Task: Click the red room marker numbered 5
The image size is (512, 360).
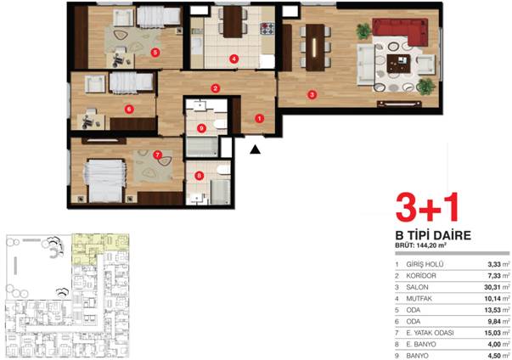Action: (155, 53)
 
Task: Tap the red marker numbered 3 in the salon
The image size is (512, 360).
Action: (312, 94)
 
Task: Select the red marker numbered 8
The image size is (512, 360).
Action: (200, 176)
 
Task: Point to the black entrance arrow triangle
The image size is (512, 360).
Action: (256, 149)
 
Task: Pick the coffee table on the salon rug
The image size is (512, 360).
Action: (398, 64)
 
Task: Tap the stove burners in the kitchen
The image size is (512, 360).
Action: (267, 28)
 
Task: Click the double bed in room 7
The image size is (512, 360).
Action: (104, 180)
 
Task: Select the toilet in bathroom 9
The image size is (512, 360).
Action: (221, 124)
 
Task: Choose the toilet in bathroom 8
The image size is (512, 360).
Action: (223, 170)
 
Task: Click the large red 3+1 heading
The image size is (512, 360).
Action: (427, 208)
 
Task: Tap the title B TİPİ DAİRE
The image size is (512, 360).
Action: (433, 235)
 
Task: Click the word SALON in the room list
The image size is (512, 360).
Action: (417, 287)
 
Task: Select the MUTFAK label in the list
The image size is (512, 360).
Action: (419, 299)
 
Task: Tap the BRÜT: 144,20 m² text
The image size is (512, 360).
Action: (421, 245)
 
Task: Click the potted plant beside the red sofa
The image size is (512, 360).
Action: (363, 31)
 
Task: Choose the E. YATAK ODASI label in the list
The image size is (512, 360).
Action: (430, 333)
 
